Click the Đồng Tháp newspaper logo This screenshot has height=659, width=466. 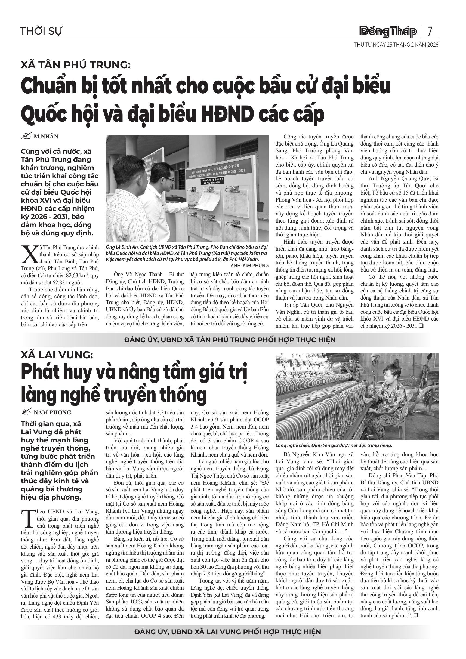coord(388,32)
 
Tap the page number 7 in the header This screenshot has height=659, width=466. coord(430,31)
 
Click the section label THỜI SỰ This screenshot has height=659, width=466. coord(41,31)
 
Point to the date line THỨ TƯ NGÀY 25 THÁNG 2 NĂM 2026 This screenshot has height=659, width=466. coord(396,45)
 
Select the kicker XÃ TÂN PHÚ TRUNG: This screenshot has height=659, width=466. coord(76,65)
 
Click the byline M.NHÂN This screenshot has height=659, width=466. coord(46,137)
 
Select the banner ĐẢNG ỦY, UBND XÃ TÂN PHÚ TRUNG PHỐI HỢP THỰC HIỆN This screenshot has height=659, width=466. coord(230,340)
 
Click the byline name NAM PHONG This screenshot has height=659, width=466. coord(53,413)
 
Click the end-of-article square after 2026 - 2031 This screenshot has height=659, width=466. coord(422,326)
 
